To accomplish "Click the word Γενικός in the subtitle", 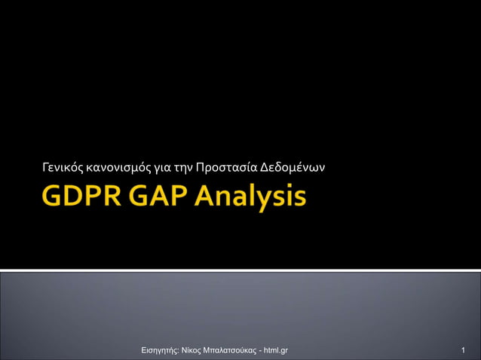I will pos(63,166).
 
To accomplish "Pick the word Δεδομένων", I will pos(293,166).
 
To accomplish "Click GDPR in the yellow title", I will pos(84,197).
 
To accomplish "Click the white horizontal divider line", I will pos(240,270).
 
